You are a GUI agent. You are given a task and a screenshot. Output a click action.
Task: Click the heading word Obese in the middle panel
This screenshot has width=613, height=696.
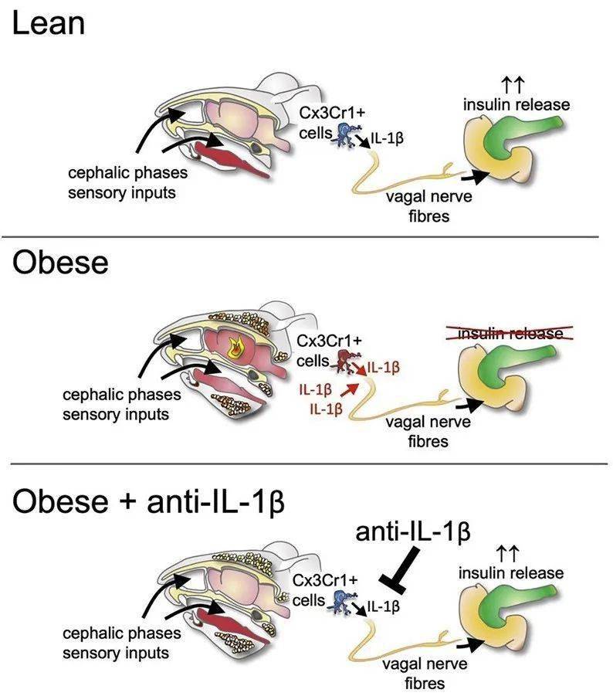[x=59, y=263]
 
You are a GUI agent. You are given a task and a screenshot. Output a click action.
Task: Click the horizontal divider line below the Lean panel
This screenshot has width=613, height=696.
[x=306, y=236]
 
